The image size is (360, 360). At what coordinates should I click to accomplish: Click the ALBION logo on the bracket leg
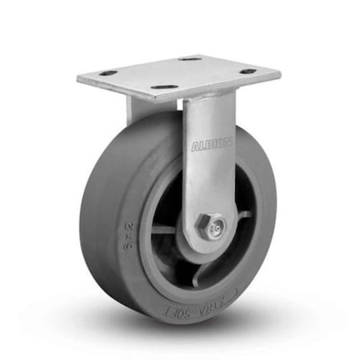point(212,144)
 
